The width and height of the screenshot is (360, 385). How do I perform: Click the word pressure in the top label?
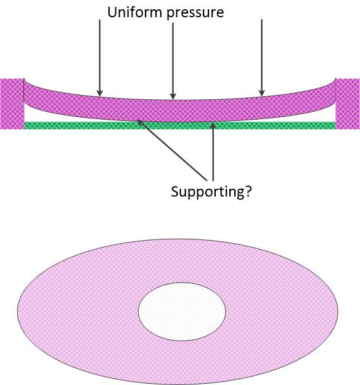coord(195,13)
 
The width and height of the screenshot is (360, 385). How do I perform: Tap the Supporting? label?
coord(211,192)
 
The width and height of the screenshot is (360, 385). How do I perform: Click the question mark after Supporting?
coord(247,191)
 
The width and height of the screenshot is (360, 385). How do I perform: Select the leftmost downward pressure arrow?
coord(99,58)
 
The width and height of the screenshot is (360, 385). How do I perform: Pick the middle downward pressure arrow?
coord(173,61)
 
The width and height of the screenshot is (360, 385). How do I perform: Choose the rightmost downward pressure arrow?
coord(261,58)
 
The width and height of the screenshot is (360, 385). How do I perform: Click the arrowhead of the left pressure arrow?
coord(99,93)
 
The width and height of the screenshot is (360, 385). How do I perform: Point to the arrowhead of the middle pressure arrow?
coord(173,97)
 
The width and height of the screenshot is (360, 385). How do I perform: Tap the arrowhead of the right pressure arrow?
coord(261,93)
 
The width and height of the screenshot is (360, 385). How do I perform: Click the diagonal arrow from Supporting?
coord(172,151)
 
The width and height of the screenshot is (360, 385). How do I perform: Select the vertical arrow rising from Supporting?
coord(213,152)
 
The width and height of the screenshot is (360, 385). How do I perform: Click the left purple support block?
coord(12,104)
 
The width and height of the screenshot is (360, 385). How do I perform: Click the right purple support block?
coord(348,104)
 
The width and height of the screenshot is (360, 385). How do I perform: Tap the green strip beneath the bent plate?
coord(180,125)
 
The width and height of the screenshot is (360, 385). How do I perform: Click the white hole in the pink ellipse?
coord(182,312)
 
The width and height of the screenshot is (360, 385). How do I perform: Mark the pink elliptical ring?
coord(73,312)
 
